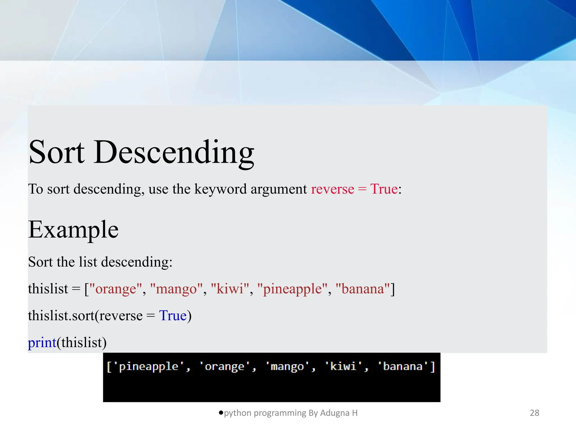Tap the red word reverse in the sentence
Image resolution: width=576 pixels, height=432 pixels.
pos(332,189)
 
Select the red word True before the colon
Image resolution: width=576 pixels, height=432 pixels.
pos(384,189)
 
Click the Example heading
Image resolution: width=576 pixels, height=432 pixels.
pos(73,230)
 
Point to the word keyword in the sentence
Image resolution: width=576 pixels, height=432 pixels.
pos(220,189)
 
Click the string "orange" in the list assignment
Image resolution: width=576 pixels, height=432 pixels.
pos(116,289)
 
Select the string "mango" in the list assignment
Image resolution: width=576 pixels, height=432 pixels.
pos(176,289)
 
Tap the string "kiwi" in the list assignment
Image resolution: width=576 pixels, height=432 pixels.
pos(230,289)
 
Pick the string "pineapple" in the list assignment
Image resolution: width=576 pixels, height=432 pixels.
pos(292,289)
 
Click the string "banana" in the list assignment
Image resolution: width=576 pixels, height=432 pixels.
pos(363,289)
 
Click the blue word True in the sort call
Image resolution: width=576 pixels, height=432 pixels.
pos(173,316)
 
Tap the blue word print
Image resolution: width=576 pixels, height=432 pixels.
pos(42,343)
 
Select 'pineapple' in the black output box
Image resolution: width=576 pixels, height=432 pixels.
pos(148,366)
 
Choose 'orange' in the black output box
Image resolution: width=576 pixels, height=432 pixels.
pos(224,366)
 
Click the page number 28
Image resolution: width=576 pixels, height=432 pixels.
pos(534,413)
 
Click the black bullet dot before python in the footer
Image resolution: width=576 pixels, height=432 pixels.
pos(221,413)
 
